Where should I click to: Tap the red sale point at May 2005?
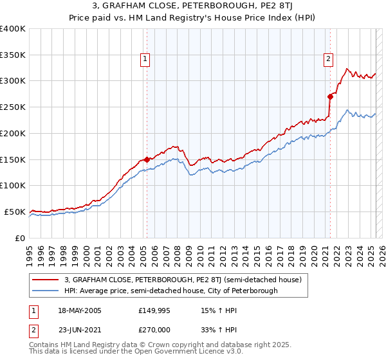click(147, 159)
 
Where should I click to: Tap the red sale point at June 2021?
click(330, 96)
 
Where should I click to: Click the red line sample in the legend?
click(45, 280)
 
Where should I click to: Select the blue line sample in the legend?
click(45, 291)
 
